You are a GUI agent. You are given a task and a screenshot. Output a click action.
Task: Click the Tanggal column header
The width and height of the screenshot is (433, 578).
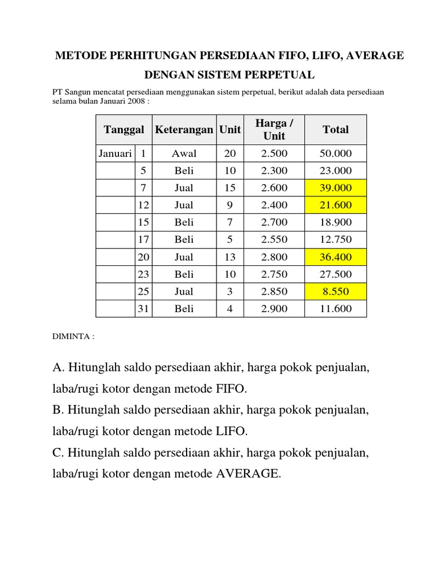(x=123, y=130)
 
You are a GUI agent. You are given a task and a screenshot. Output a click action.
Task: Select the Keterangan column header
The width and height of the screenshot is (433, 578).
(x=184, y=130)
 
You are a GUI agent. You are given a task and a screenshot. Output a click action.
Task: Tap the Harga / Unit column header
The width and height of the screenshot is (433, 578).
(x=274, y=130)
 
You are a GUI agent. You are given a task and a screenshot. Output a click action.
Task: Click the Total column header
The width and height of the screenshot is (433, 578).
(x=335, y=130)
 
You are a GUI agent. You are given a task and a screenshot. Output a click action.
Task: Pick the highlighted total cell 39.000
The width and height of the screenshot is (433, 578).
(x=335, y=188)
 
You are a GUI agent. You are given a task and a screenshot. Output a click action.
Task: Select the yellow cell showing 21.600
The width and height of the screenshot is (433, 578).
(x=335, y=205)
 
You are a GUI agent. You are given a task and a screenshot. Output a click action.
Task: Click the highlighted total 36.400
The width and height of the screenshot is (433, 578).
(x=335, y=257)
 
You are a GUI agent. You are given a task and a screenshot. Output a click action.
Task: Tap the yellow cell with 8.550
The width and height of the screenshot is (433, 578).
(x=335, y=292)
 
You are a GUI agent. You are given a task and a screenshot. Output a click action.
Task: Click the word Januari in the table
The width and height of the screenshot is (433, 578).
(x=115, y=154)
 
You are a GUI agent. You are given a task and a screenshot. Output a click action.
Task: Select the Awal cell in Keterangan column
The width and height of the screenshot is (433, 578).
(x=184, y=154)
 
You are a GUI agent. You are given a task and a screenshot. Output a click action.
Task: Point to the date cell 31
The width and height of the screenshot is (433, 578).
(x=143, y=309)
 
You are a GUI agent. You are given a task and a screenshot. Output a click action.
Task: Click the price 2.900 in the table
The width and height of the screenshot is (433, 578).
(x=274, y=309)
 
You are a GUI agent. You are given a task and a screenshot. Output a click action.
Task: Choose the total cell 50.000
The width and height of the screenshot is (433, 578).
(x=335, y=154)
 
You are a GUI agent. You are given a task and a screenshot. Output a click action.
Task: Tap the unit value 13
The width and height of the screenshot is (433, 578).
(x=229, y=257)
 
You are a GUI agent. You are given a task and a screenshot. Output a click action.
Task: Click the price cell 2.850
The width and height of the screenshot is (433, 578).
(x=274, y=292)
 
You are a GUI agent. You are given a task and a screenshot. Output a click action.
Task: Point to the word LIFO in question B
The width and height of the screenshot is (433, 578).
(x=231, y=432)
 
